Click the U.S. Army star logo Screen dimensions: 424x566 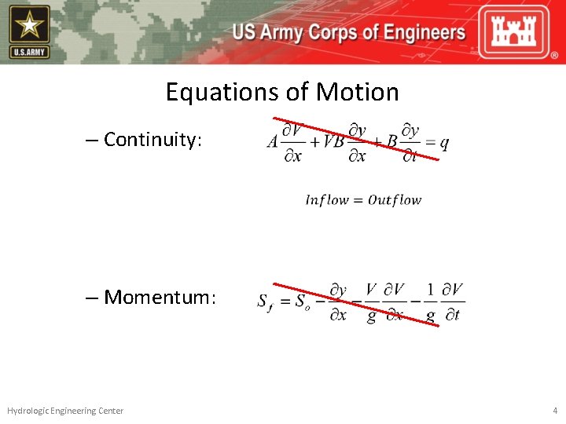[29, 31]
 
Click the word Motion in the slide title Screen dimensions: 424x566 [357, 93]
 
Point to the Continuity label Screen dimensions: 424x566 [153, 140]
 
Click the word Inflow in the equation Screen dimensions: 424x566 [325, 200]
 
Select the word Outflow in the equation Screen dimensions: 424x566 [395, 200]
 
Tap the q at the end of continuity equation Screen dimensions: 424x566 [444, 143]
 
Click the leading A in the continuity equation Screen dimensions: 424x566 [273, 142]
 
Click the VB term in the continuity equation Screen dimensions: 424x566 [333, 142]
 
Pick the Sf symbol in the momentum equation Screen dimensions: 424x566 [266, 302]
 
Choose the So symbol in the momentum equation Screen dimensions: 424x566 [303, 302]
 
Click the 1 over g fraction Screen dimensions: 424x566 [430, 302]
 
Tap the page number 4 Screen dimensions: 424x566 [555, 411]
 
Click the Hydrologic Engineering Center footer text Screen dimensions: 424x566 [65, 411]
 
